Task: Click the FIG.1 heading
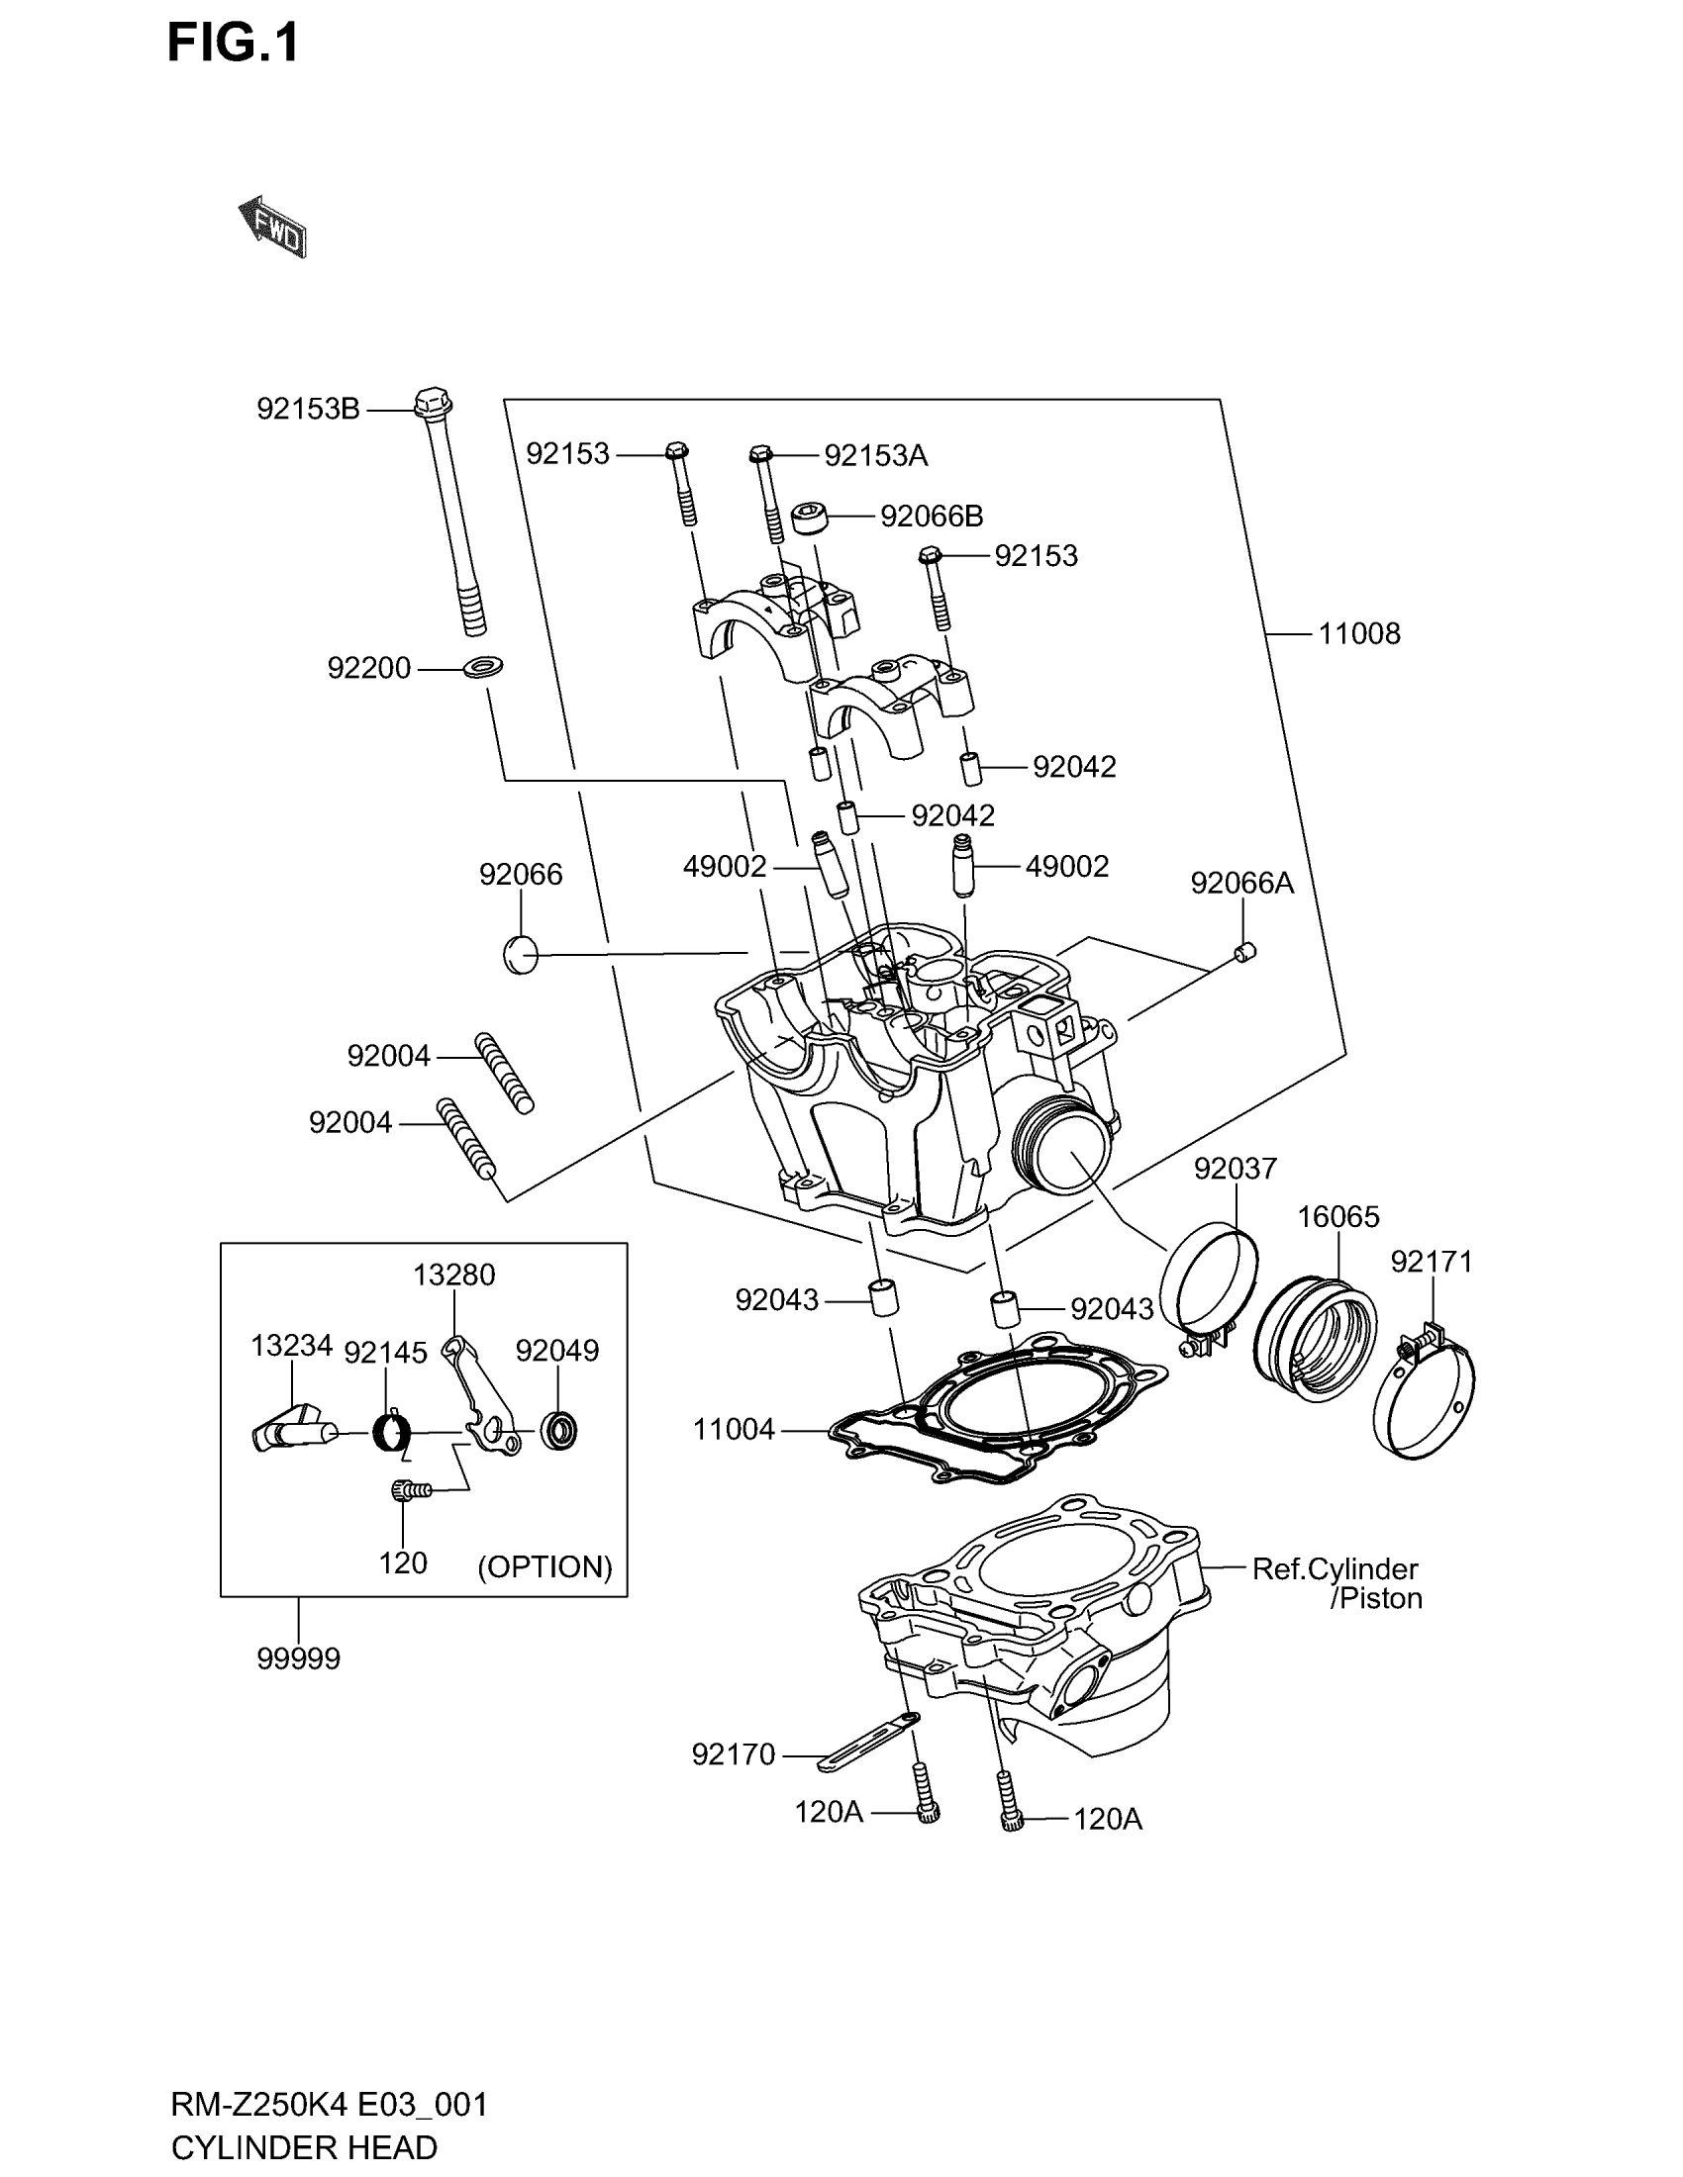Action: coord(233,44)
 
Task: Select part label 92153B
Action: coord(308,409)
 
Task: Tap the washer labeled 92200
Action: coord(482,665)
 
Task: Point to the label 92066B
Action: coord(932,517)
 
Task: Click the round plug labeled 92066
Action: coord(521,955)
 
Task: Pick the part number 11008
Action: coord(1359,633)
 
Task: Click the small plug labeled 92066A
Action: coord(1245,952)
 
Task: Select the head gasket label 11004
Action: coord(734,1430)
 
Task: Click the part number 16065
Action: coord(1338,1216)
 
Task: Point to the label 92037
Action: coord(1236,1168)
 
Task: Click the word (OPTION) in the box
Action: coord(544,1567)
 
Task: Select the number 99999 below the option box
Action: coord(298,1658)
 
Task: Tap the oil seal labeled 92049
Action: coord(558,1431)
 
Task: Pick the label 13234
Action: coord(291,1345)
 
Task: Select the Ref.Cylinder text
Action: coord(1335,1569)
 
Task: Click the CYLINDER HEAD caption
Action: coord(304,2147)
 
